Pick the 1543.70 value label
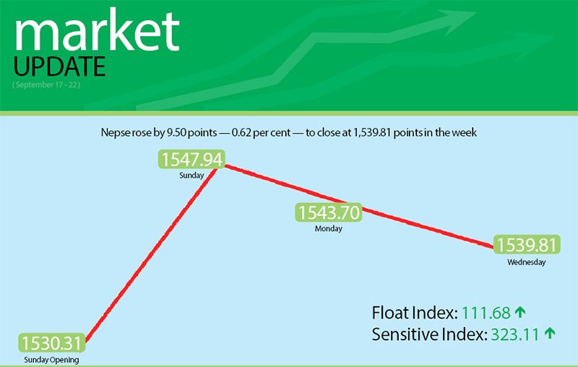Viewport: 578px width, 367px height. point(328,213)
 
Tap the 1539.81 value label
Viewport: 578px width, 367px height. point(526,245)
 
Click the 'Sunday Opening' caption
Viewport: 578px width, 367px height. point(51,359)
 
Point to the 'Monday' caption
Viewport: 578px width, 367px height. point(328,229)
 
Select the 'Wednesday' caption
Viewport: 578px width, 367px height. point(526,262)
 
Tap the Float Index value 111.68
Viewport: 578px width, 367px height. point(486,313)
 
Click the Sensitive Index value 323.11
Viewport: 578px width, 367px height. point(516,334)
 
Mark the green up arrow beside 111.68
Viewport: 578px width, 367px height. point(519,313)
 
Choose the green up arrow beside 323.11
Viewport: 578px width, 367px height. point(551,334)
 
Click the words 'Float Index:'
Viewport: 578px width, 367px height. point(414,313)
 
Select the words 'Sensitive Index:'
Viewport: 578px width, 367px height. point(429,334)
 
